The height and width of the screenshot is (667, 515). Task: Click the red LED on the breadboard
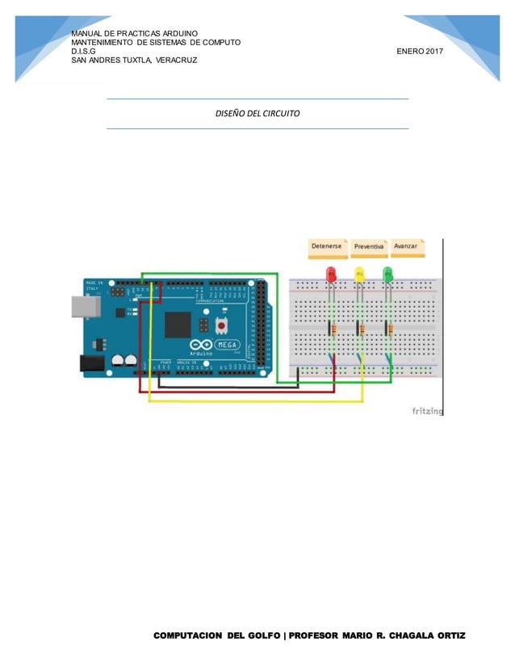tap(331, 275)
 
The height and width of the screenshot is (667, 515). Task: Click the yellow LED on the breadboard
tap(360, 275)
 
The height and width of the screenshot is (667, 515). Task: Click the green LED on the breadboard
tap(388, 275)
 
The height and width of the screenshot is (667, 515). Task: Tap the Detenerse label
tap(327, 245)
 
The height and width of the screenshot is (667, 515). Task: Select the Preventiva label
tap(369, 245)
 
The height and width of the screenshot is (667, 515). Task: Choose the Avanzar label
tap(405, 245)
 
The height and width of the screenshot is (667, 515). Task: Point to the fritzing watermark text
tap(428, 411)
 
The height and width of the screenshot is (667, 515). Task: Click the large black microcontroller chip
tap(177, 325)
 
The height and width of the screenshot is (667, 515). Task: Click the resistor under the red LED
tap(332, 327)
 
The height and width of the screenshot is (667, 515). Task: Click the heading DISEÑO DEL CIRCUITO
tap(257, 114)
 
